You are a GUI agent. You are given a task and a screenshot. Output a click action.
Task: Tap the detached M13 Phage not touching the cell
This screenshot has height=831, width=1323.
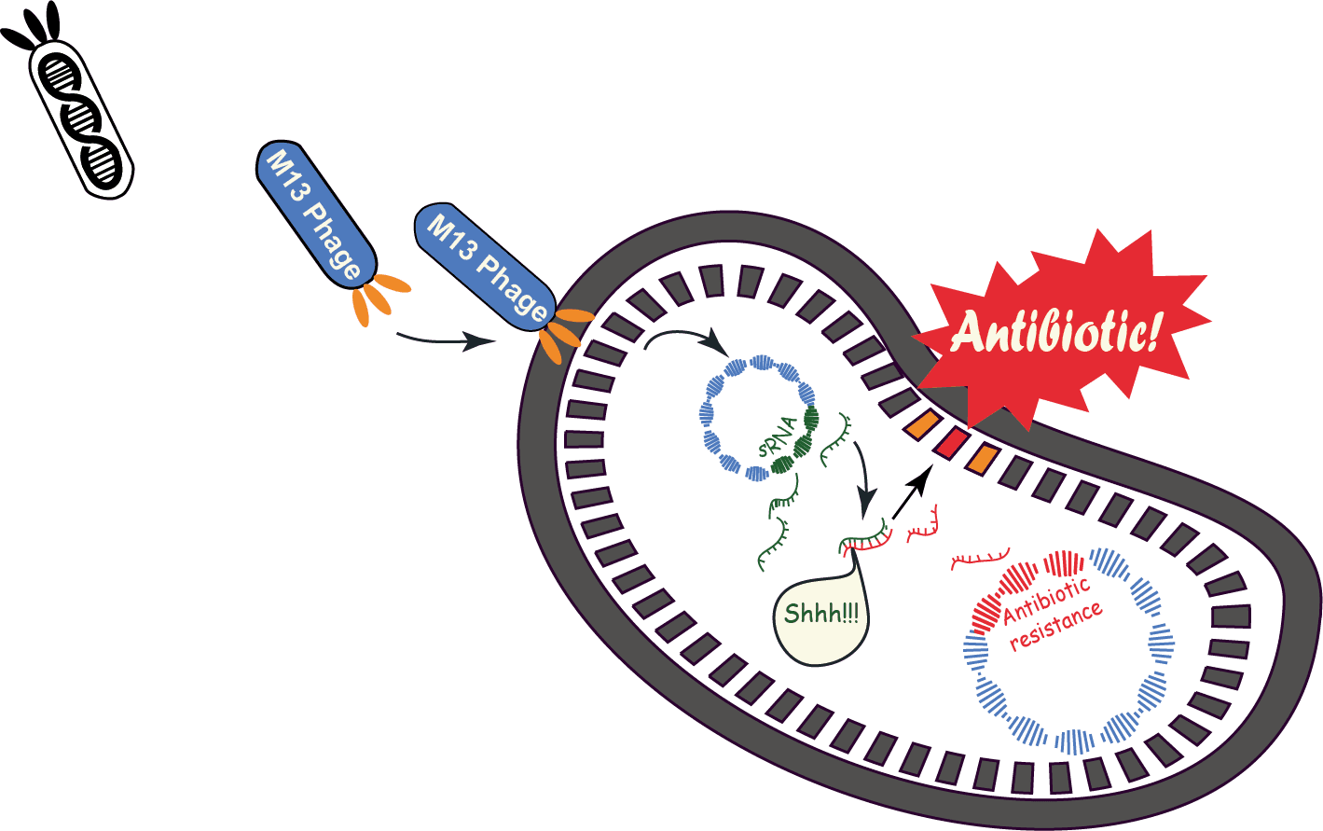click(314, 213)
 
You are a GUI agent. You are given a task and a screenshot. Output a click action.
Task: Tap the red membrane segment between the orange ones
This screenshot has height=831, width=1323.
click(950, 444)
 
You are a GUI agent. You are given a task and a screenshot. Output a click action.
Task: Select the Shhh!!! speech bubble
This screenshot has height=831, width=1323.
click(820, 616)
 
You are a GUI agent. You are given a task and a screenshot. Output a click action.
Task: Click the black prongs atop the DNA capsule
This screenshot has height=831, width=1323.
click(35, 28)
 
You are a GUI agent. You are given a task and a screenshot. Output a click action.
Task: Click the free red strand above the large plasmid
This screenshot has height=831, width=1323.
click(979, 560)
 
